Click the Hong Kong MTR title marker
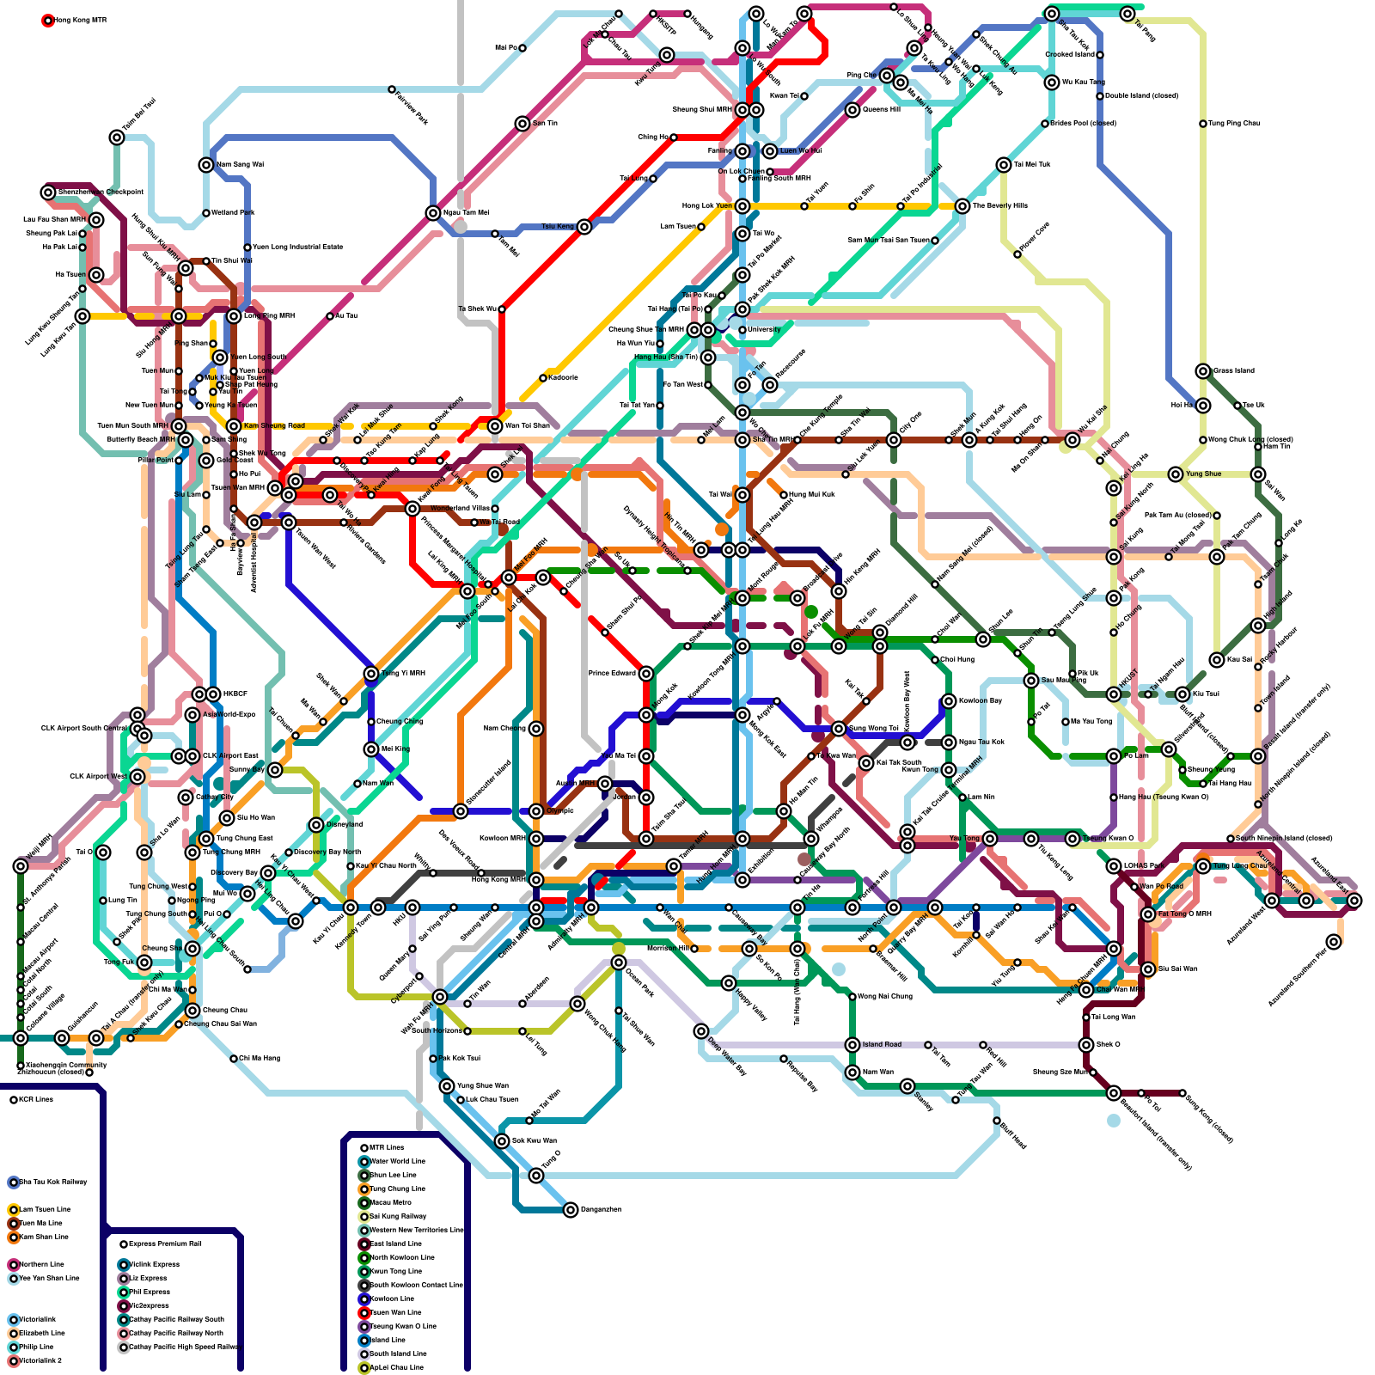[x=48, y=20]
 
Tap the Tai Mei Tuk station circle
[x=1004, y=164]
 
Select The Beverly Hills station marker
[x=962, y=205]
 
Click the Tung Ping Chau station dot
[x=1203, y=123]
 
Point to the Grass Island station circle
[x=1203, y=370]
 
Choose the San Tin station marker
[x=522, y=123]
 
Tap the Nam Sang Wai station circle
[x=206, y=164]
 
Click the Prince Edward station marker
[x=646, y=673]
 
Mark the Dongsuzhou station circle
[x=571, y=1209]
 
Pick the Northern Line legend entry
[x=14, y=1264]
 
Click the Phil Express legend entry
[x=124, y=1292]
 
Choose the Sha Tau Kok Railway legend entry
[x=14, y=1182]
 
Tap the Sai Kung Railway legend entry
[x=364, y=1216]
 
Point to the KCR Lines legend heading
[x=14, y=1099]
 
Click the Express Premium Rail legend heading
[x=124, y=1244]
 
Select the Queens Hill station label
[x=881, y=109]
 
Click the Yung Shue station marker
[x=1176, y=474]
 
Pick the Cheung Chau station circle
[x=192, y=1010]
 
